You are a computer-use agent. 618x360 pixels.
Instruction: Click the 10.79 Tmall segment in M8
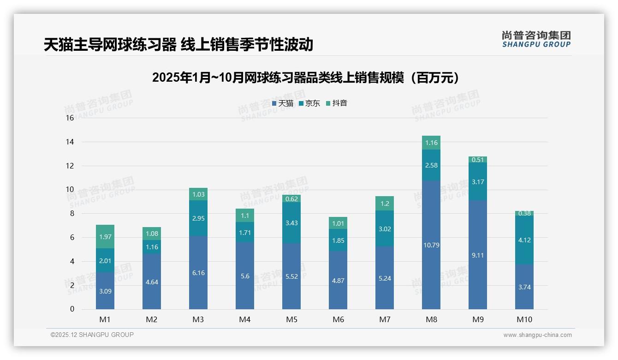click(x=431, y=245)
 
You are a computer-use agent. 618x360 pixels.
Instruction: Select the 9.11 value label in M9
click(x=478, y=255)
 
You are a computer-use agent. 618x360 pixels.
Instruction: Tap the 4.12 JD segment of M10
click(x=524, y=240)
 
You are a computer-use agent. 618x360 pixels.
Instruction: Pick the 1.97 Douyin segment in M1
click(x=105, y=237)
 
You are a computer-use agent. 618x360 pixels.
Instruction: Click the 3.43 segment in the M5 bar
click(x=291, y=223)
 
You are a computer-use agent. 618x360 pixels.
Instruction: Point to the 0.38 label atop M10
click(x=524, y=213)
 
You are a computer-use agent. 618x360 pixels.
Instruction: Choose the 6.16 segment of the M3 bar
click(x=198, y=273)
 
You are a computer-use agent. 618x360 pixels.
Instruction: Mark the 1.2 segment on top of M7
click(x=385, y=204)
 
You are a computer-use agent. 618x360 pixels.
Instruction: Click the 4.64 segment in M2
click(x=152, y=282)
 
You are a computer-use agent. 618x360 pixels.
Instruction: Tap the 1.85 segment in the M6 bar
click(x=338, y=240)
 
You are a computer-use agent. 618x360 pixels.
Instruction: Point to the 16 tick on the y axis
click(x=70, y=118)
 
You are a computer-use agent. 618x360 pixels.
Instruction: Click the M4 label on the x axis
click(x=245, y=319)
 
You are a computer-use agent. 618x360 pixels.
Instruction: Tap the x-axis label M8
click(x=431, y=319)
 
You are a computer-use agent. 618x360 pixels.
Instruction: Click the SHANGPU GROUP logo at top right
click(x=536, y=39)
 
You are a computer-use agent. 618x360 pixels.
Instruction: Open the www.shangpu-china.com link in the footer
click(x=537, y=335)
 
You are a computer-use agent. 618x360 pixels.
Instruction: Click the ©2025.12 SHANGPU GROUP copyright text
click(x=92, y=335)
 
